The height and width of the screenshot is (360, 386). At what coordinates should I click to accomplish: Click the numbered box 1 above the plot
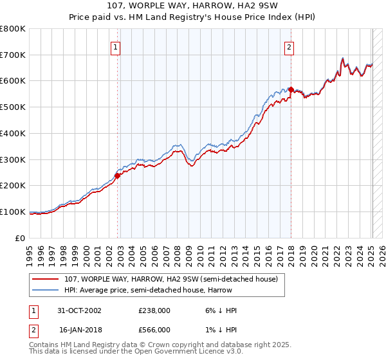tap(115, 46)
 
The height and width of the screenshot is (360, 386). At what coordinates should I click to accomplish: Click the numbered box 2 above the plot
tap(289, 46)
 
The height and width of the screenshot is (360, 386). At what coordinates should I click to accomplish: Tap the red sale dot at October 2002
tap(118, 175)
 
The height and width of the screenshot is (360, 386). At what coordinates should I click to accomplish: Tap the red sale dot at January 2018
tap(291, 89)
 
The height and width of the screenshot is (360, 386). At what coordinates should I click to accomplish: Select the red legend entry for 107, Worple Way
tap(170, 279)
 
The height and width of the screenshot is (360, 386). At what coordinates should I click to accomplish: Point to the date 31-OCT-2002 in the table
tap(79, 310)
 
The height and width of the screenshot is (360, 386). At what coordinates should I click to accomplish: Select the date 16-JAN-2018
tap(79, 329)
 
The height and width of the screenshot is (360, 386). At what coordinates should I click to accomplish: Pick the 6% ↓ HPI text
tap(218, 310)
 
